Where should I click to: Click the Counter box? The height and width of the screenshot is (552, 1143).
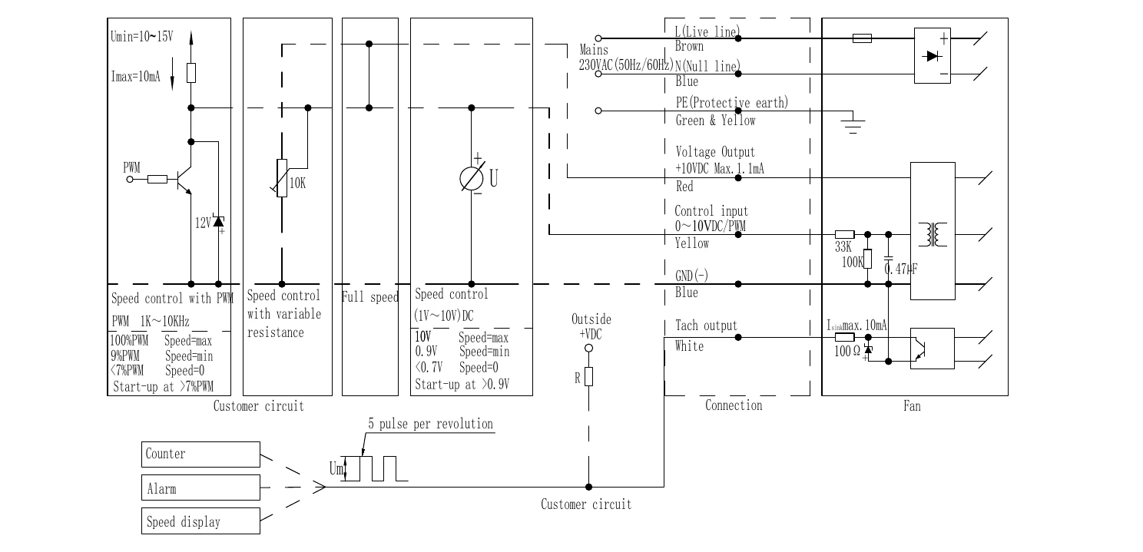(x=200, y=454)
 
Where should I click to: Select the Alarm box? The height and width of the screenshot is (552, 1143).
(x=200, y=488)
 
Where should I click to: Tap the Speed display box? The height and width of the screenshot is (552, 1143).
(x=200, y=521)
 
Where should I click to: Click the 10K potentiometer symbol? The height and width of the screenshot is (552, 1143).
(x=282, y=178)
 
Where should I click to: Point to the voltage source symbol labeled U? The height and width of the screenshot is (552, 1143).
(x=472, y=179)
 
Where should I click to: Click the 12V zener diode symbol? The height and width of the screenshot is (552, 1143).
(x=218, y=221)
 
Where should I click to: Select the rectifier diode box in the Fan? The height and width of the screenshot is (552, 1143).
(x=933, y=55)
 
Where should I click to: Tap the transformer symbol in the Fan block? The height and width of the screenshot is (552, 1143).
(x=933, y=235)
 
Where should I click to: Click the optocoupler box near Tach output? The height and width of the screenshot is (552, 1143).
(x=933, y=349)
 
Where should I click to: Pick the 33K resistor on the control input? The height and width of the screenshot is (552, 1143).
(x=844, y=235)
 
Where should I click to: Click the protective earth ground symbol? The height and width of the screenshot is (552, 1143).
(x=853, y=123)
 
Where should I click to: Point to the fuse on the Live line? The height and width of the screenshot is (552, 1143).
(x=862, y=38)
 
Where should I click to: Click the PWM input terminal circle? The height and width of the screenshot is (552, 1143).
(x=130, y=180)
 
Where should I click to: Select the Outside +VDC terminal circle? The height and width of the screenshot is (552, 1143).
(x=589, y=348)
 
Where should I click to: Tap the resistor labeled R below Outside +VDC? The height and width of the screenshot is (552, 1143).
(x=589, y=376)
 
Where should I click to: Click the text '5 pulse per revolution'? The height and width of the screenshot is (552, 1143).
(x=431, y=424)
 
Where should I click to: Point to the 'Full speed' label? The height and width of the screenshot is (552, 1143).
(x=370, y=297)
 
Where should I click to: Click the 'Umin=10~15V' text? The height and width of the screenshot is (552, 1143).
(x=142, y=36)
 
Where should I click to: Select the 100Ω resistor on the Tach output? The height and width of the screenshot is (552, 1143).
(x=844, y=337)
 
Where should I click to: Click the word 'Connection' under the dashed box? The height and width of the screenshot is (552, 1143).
(x=734, y=405)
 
